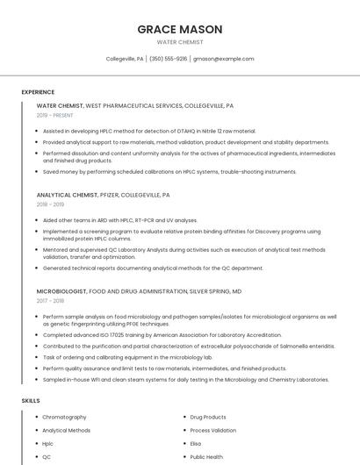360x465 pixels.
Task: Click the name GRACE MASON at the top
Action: pos(179,29)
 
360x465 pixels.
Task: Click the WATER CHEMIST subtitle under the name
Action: pos(179,42)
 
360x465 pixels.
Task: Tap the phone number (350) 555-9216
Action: pos(168,59)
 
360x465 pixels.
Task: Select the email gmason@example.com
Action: pos(224,59)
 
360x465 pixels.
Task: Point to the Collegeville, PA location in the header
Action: pos(125,59)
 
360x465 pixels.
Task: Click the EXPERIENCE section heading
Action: pos(38,91)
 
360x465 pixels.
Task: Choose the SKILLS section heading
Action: pos(31,400)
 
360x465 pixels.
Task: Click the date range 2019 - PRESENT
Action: pos(54,115)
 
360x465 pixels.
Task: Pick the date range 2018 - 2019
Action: pos(50,204)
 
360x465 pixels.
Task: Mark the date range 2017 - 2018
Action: pos(50,300)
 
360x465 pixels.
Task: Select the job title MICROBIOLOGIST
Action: pos(62,290)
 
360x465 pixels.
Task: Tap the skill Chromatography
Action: pos(64,417)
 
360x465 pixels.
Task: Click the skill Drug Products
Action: pos(208,417)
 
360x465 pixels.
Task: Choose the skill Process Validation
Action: pos(212,431)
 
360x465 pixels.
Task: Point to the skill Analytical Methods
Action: pos(66,431)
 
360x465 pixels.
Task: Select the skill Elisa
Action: pos(196,444)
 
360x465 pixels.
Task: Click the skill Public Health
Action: pos(207,457)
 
